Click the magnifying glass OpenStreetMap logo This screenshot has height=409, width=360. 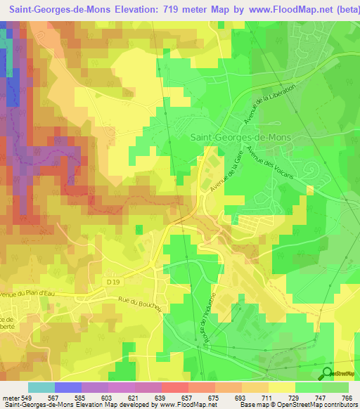point(327,373)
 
